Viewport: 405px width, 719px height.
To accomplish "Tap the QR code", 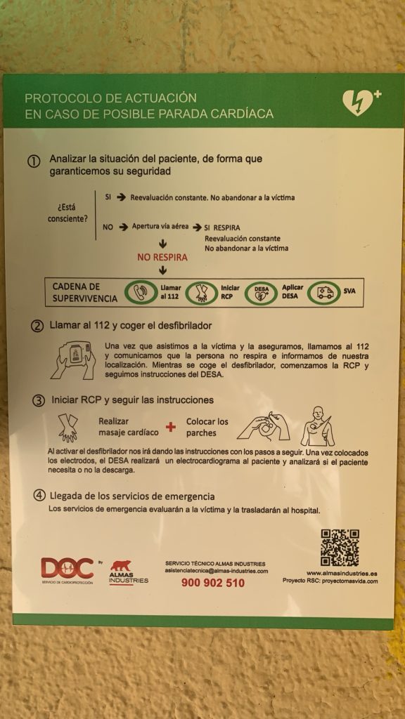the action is click(340, 548).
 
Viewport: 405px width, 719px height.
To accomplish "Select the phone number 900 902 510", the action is click(213, 583).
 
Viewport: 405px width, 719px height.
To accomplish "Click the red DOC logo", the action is click(67, 568).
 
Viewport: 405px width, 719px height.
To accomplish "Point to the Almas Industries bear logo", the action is click(120, 566).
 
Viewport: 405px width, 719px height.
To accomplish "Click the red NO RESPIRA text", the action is click(162, 257).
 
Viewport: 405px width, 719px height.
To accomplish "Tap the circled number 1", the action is click(34, 162).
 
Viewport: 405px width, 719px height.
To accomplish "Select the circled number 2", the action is click(37, 326).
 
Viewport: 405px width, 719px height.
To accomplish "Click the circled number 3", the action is click(39, 400).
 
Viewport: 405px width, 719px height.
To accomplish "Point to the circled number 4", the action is click(40, 496).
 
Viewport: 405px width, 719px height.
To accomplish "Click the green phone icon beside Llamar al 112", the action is click(140, 292).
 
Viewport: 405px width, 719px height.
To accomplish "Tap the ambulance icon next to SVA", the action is click(324, 292).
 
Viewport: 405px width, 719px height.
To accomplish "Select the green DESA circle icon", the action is click(262, 292).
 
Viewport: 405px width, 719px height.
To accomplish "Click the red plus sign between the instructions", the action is click(171, 427).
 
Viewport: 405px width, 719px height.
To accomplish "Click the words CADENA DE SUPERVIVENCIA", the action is click(84, 293).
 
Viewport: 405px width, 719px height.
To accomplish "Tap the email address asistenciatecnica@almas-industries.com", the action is click(217, 571).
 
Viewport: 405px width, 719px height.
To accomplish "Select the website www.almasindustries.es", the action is click(342, 573).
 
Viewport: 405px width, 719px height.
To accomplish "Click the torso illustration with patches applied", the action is click(317, 426).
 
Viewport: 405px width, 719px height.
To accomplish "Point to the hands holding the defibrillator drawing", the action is click(73, 360).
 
